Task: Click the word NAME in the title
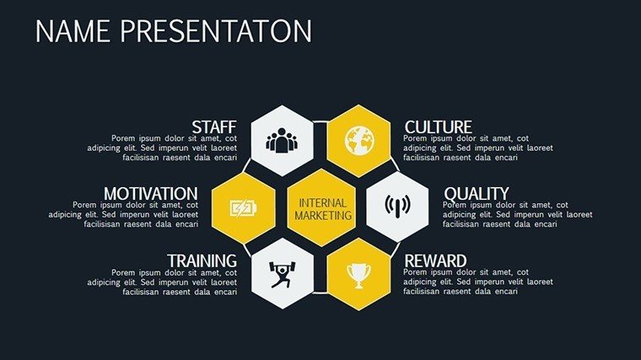tap(73, 31)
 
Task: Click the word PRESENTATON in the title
tap(216, 31)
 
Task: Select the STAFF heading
tap(214, 127)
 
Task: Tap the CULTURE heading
tap(439, 127)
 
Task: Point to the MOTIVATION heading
tap(151, 194)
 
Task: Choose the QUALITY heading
tap(477, 194)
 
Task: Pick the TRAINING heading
tap(202, 261)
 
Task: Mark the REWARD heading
tap(435, 261)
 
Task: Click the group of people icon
tap(282, 141)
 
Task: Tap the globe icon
tap(359, 141)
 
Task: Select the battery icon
tap(243, 208)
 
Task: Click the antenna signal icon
tap(397, 207)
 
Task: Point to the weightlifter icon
tap(282, 274)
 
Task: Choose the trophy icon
tap(359, 276)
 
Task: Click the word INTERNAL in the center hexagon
tap(322, 203)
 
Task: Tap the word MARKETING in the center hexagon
tap(323, 215)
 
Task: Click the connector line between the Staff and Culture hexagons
tap(320, 121)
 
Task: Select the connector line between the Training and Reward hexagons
tap(320, 293)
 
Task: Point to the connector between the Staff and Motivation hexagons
tap(246, 165)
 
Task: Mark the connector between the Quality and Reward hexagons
tap(395, 250)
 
